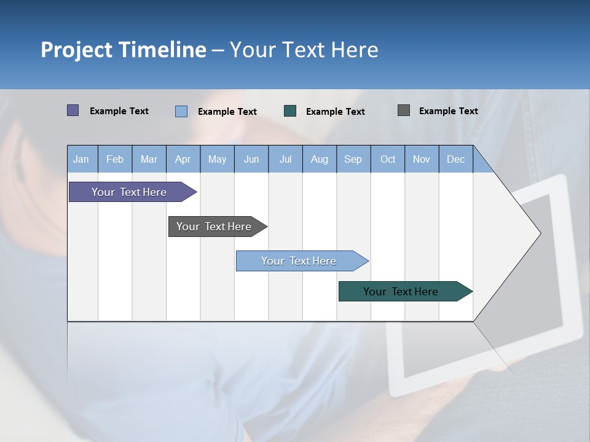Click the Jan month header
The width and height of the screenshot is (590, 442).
click(x=81, y=159)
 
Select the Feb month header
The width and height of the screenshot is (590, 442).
click(x=115, y=159)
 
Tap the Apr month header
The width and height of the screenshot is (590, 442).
click(x=183, y=159)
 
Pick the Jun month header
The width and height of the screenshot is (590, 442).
click(x=251, y=159)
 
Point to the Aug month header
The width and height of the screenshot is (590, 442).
click(x=319, y=159)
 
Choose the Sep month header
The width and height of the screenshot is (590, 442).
click(x=353, y=159)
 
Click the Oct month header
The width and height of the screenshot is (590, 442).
click(x=388, y=159)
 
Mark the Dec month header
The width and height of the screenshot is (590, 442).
click(x=455, y=159)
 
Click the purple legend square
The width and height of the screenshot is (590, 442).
click(x=73, y=110)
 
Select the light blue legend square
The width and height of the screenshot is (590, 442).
click(x=181, y=111)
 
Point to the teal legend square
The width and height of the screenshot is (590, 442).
click(x=290, y=111)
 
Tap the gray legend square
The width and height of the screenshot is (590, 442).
click(x=404, y=110)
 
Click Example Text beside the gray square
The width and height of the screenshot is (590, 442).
click(x=448, y=111)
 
